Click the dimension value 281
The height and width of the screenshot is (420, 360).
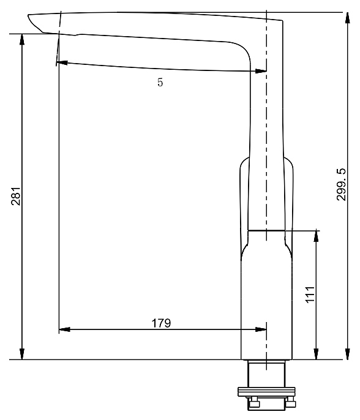click(x=16, y=196)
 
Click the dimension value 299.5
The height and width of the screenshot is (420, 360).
click(x=341, y=185)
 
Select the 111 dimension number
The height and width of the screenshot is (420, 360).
click(x=310, y=294)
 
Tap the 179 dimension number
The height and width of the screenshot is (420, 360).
click(x=161, y=323)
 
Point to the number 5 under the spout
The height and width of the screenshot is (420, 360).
click(x=160, y=82)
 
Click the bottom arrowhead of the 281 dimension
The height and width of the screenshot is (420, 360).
click(x=22, y=354)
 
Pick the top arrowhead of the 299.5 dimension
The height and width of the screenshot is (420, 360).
click(x=347, y=18)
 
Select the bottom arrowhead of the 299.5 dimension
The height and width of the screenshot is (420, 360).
click(x=347, y=354)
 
